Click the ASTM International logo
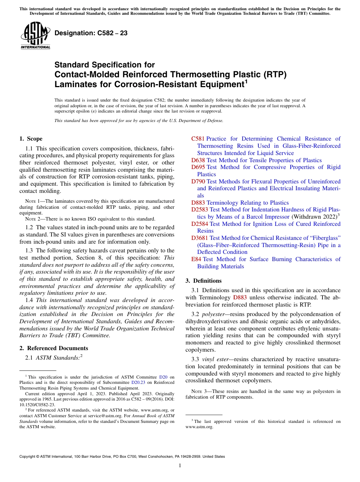(35, 36)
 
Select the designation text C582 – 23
(91, 33)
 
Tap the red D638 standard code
(198, 160)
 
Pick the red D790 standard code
(198, 182)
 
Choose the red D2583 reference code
(200, 210)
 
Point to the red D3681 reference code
(200, 238)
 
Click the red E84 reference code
(197, 259)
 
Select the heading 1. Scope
(31, 139)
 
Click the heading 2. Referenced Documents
(54, 348)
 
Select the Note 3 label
(196, 391)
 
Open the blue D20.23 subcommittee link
(137, 382)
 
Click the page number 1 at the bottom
(180, 466)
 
